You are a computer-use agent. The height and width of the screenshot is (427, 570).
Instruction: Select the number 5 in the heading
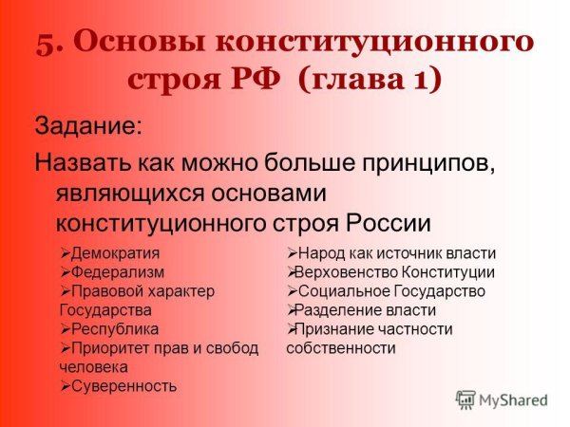(47, 45)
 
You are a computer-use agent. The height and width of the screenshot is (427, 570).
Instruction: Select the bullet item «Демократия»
(115, 253)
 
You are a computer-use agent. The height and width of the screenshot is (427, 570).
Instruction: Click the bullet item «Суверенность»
(123, 385)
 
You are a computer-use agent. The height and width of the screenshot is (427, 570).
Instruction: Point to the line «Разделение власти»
(367, 310)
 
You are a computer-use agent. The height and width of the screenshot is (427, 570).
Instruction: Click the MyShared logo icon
(465, 399)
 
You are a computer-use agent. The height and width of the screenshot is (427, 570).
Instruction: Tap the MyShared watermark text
(514, 400)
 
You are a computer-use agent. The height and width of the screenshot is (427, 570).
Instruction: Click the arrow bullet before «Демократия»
(65, 253)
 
